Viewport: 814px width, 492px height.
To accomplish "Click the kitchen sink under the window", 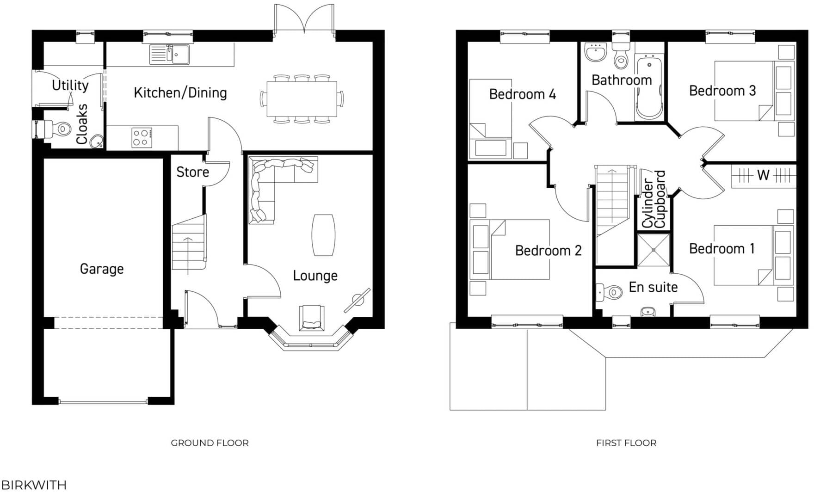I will coord(169,55).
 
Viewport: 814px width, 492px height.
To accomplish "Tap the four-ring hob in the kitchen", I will coord(142,137).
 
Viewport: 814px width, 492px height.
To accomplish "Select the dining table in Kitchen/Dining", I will coord(302,99).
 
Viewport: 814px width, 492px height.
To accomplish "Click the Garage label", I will coord(102,269).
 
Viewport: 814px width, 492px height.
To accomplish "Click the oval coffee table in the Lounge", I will coord(323,235).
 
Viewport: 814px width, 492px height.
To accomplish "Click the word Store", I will coord(192,172).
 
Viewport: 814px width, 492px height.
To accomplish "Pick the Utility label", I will coord(70,86).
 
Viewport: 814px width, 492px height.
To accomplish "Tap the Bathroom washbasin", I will coord(595,52).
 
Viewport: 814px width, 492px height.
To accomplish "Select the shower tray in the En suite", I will coord(654,250).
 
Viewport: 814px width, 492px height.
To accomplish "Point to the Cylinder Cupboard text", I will coord(654,200).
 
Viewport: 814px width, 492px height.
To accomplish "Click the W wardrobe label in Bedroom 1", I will coord(763,175).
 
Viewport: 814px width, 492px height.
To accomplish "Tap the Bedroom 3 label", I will coord(722,91).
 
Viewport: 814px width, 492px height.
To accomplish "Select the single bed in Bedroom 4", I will coord(491,119).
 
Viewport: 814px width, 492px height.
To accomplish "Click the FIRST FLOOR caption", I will coord(626,443).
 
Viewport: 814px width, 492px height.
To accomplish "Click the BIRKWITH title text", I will coord(33,485).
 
